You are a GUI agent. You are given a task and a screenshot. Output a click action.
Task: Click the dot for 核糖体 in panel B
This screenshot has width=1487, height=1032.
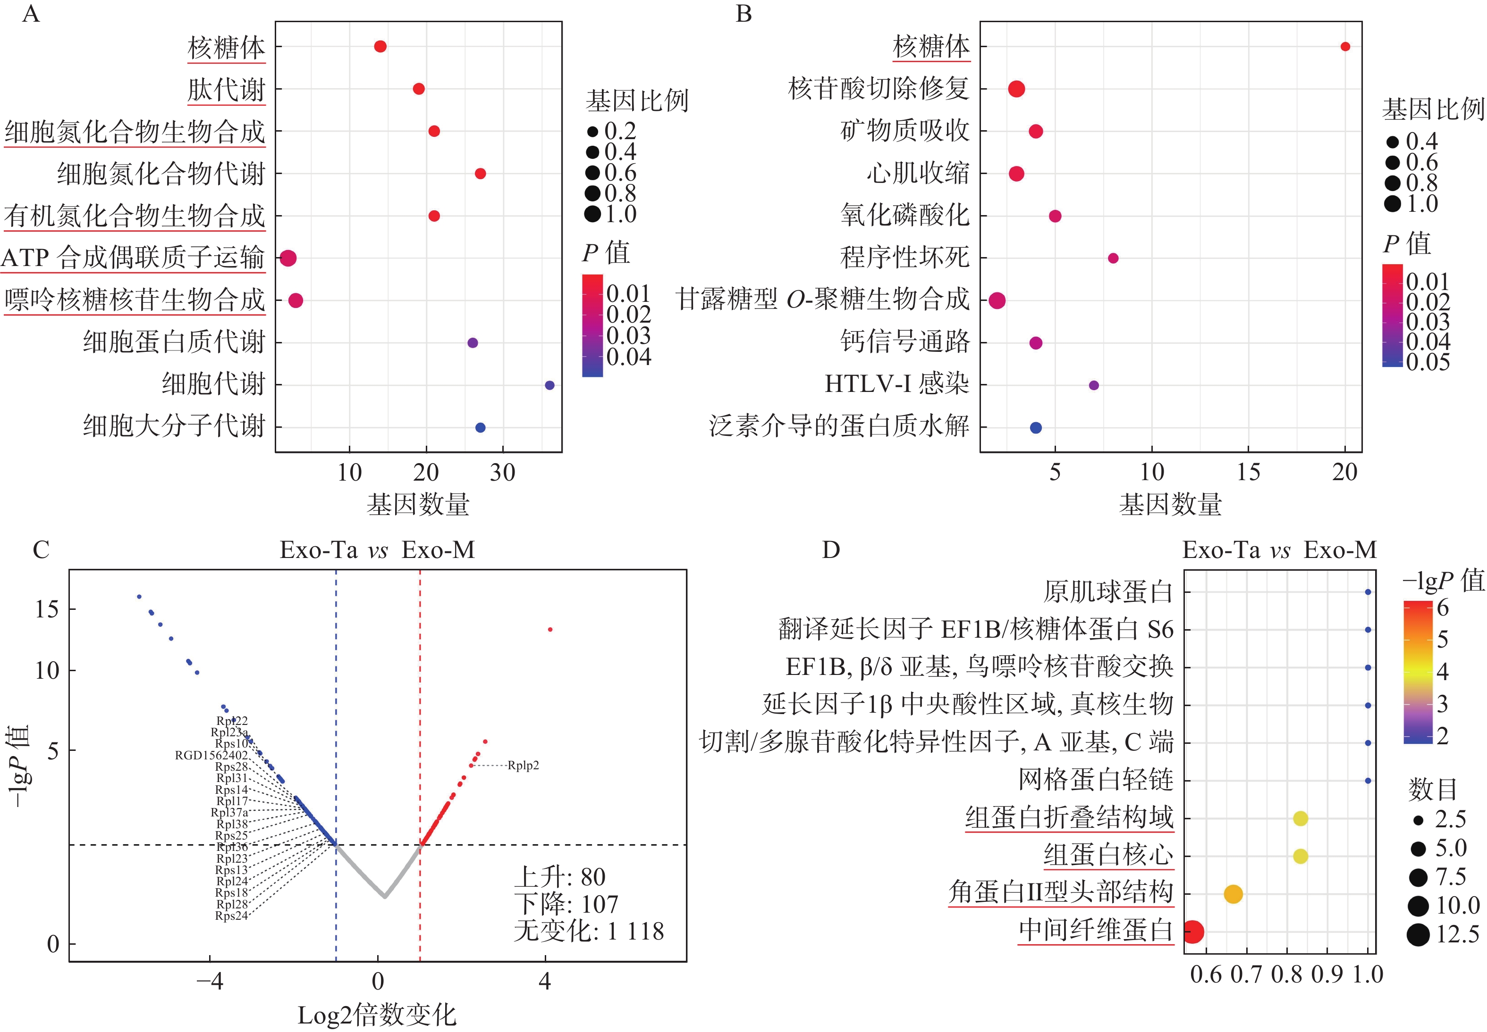(1344, 47)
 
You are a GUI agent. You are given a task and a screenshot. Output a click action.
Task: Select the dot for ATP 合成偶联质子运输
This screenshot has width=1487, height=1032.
(288, 258)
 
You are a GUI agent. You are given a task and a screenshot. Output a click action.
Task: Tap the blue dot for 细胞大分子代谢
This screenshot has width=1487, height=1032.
(480, 427)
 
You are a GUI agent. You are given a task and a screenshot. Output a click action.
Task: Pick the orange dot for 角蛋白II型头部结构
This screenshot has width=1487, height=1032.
(1234, 894)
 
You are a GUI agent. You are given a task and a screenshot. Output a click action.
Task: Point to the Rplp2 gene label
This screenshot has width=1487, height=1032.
(523, 766)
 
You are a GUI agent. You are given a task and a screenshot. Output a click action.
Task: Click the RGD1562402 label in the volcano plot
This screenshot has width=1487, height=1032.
(211, 755)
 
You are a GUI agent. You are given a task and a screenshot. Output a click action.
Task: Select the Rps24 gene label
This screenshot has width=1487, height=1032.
(231, 915)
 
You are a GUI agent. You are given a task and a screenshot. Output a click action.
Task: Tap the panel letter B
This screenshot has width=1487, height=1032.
(743, 14)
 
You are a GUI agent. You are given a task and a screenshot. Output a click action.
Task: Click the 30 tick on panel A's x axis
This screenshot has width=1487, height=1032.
(503, 473)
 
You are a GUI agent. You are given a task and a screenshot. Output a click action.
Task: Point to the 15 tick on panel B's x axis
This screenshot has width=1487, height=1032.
(1248, 473)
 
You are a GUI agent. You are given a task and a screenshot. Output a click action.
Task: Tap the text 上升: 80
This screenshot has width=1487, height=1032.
(560, 877)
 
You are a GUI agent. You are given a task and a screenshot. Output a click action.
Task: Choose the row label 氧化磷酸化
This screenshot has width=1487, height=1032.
(904, 216)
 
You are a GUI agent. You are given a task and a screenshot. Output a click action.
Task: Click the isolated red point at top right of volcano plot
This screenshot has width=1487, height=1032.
(550, 629)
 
